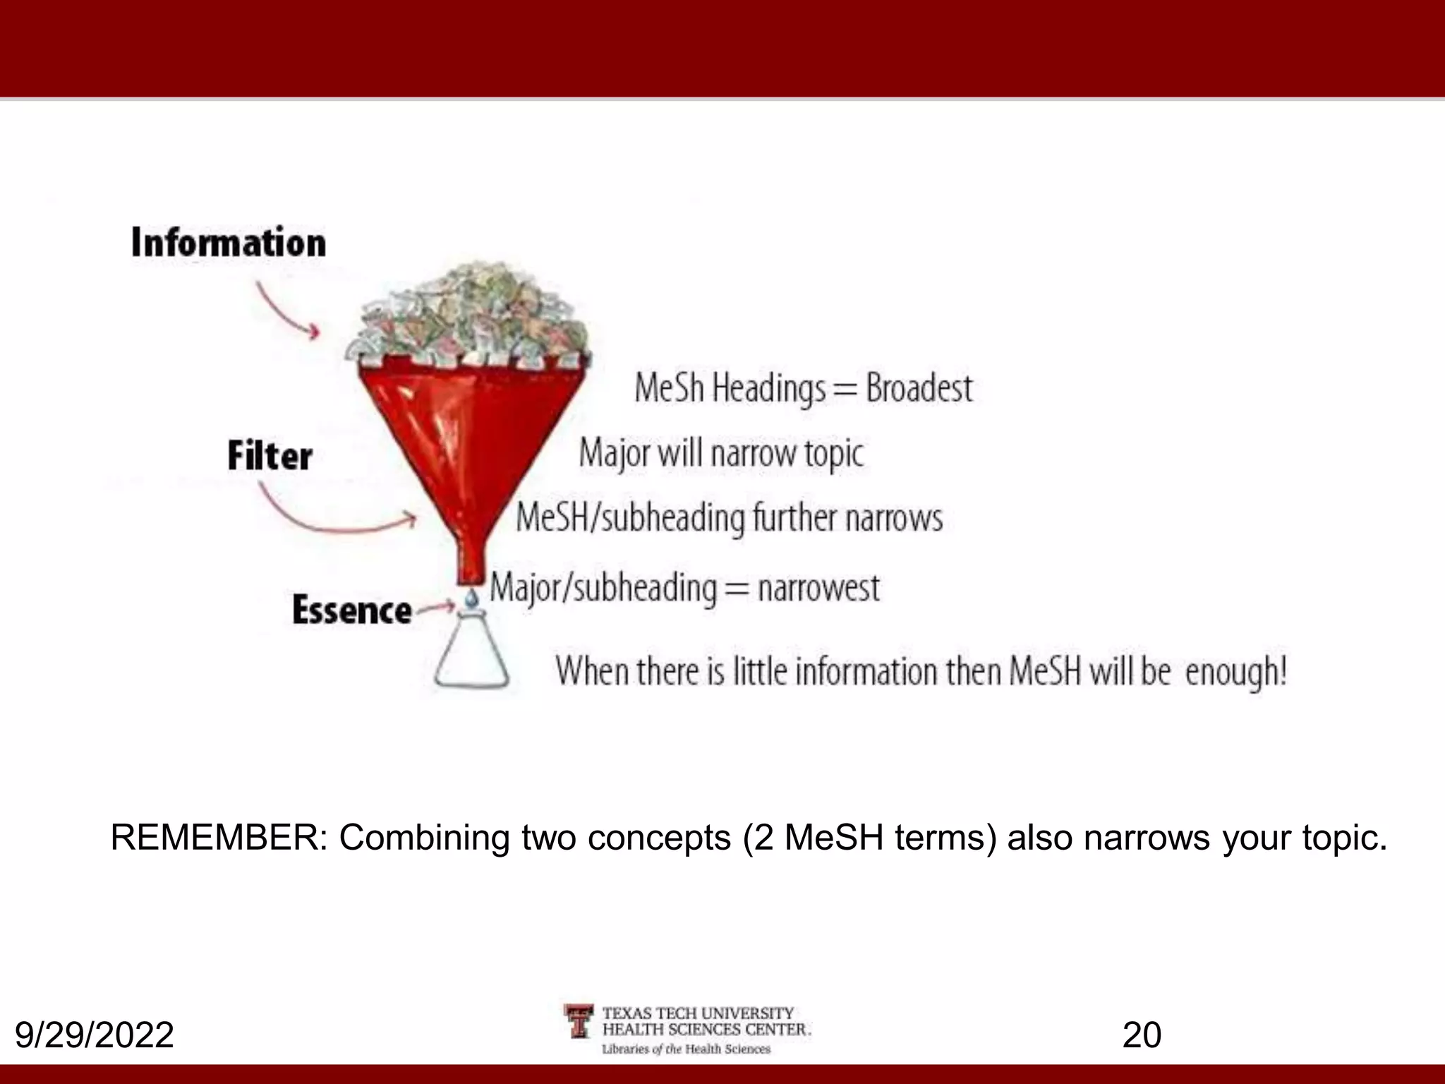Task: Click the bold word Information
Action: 229,243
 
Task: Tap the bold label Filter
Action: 270,456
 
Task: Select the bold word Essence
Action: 351,610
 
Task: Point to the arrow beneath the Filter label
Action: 332,514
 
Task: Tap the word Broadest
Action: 919,388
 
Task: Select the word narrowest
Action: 818,588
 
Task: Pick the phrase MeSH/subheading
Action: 630,518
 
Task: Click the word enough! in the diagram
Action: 1235,671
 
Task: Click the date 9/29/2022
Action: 95,1035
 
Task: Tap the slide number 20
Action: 1142,1035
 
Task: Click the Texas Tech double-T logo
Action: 579,1020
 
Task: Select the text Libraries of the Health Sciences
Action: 686,1049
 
